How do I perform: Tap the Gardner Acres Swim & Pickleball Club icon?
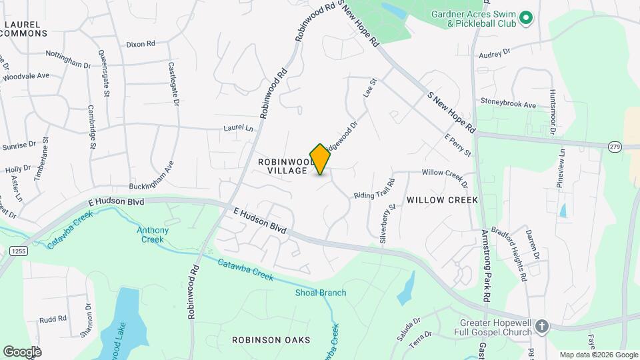click(x=525, y=18)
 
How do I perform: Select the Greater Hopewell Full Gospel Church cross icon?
click(x=542, y=326)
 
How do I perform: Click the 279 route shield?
click(x=614, y=147)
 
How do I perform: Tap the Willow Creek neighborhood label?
click(x=442, y=200)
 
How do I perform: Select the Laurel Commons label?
click(x=25, y=29)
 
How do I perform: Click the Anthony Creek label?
click(x=153, y=235)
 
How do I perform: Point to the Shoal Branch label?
click(x=321, y=293)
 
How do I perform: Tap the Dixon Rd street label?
click(x=140, y=44)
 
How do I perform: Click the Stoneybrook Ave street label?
click(x=509, y=105)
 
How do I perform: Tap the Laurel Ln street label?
click(x=239, y=127)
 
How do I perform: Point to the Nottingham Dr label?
click(x=67, y=59)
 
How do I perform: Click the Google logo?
click(x=22, y=351)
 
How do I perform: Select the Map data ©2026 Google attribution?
click(x=598, y=355)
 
